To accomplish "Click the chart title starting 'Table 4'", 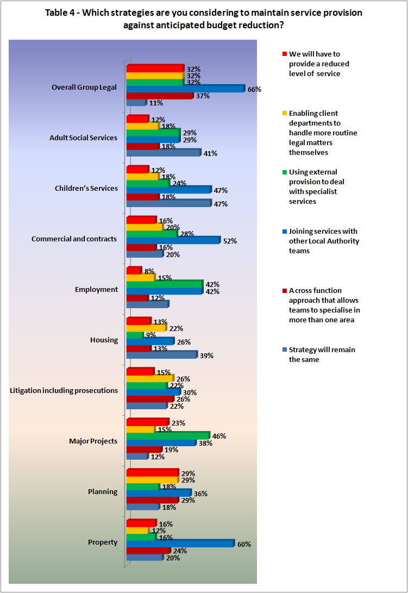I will pos(203,18).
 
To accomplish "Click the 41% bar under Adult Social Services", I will pos(164,153).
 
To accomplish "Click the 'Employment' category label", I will pos(96,289).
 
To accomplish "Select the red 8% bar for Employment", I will pos(134,271).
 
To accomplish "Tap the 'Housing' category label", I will pos(104,340).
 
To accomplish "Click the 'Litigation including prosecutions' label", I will pos(64,390).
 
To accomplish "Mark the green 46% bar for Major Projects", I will pos(167,436).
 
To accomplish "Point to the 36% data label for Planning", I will pos(201,494).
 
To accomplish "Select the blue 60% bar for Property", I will pos(180,544).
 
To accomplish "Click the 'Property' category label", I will pos(103,542).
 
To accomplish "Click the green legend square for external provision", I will pos(284,172).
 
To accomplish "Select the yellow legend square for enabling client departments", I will pos(284,113).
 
